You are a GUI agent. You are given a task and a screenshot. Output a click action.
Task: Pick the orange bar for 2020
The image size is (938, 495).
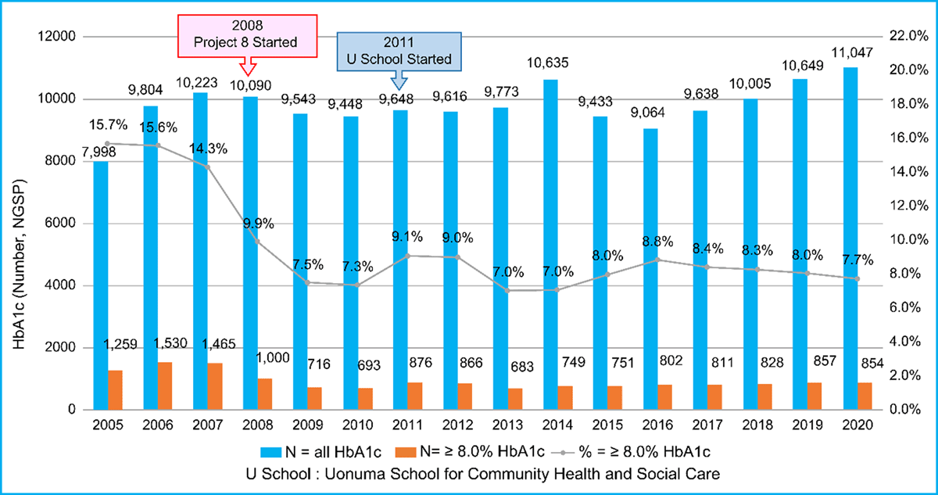coord(864,396)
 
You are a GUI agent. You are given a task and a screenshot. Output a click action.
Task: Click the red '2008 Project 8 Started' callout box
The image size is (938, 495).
coord(247,34)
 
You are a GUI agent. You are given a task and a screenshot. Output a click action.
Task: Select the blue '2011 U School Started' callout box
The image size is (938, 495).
coord(399,51)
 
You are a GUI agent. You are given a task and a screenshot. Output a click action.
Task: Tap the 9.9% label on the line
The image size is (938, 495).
coord(258,224)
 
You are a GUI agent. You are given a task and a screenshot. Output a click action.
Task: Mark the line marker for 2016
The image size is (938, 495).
coord(657,260)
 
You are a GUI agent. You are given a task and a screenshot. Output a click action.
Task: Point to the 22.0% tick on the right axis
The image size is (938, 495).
coord(909,37)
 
